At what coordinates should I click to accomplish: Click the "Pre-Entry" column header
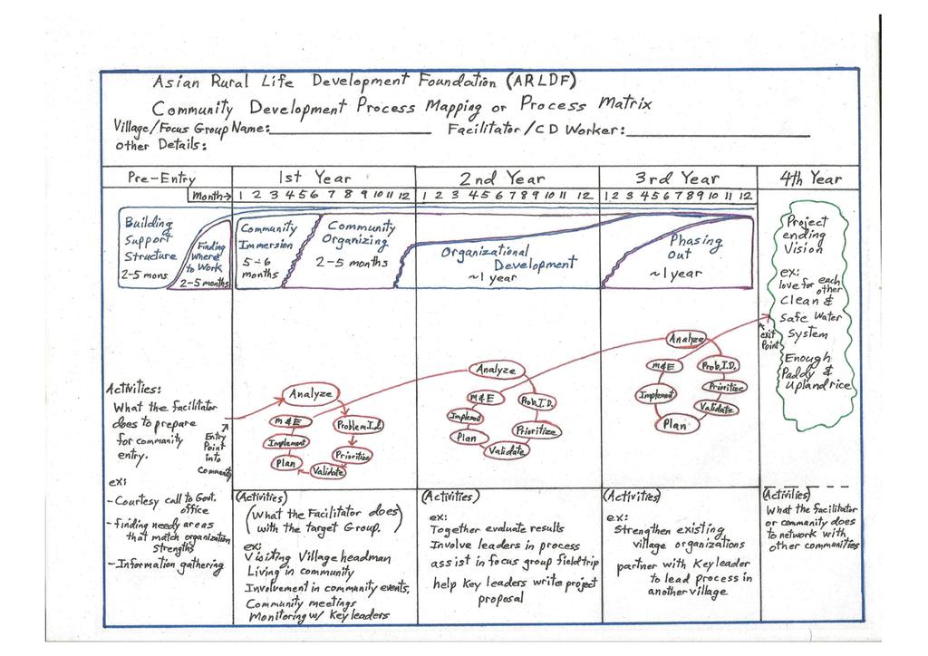pyautogui.click(x=161, y=178)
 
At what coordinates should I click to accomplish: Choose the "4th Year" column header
pyautogui.click(x=810, y=178)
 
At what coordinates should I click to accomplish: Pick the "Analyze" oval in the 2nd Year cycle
pyautogui.click(x=496, y=370)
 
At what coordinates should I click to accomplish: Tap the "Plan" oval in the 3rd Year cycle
pyautogui.click(x=674, y=424)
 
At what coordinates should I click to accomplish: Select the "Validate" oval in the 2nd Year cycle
pyautogui.click(x=508, y=450)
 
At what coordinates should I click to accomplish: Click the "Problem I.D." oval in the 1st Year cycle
pyautogui.click(x=359, y=424)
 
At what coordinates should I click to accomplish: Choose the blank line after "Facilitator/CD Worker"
pyautogui.click(x=717, y=134)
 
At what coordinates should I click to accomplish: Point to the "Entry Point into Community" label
pyautogui.click(x=215, y=456)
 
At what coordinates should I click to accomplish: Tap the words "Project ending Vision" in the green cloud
pyautogui.click(x=806, y=234)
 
